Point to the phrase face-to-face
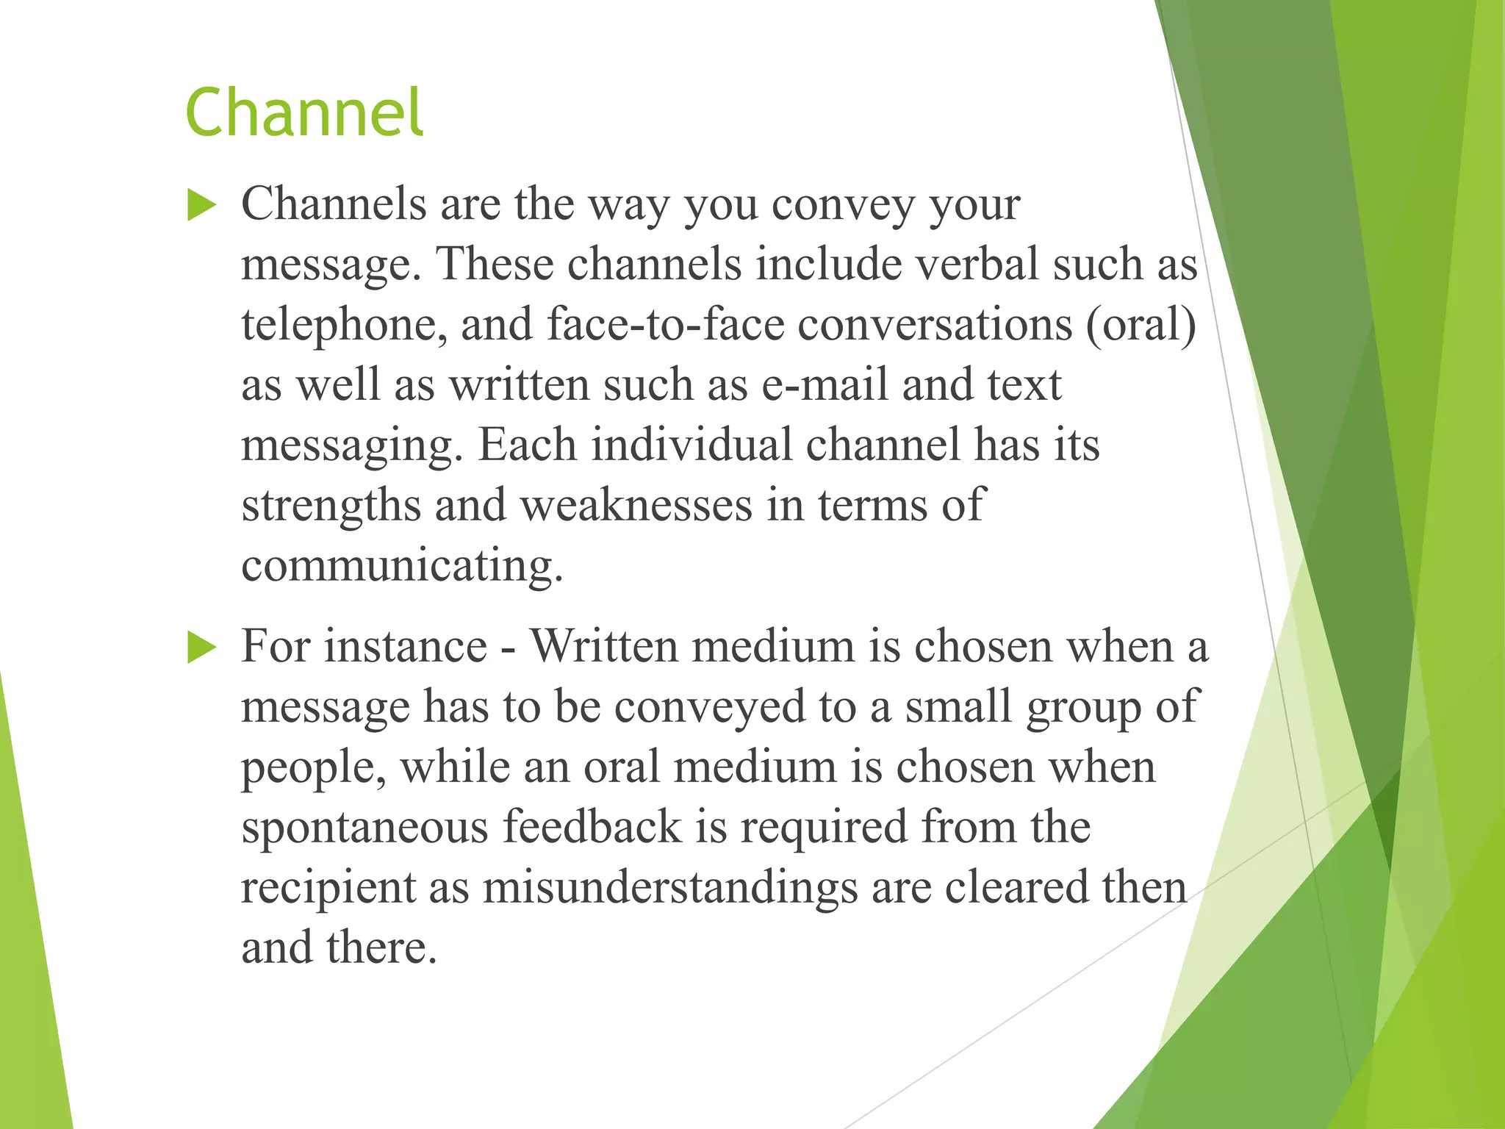click(665, 324)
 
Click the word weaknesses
click(636, 505)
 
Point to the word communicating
click(401, 566)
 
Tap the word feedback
click(592, 827)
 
